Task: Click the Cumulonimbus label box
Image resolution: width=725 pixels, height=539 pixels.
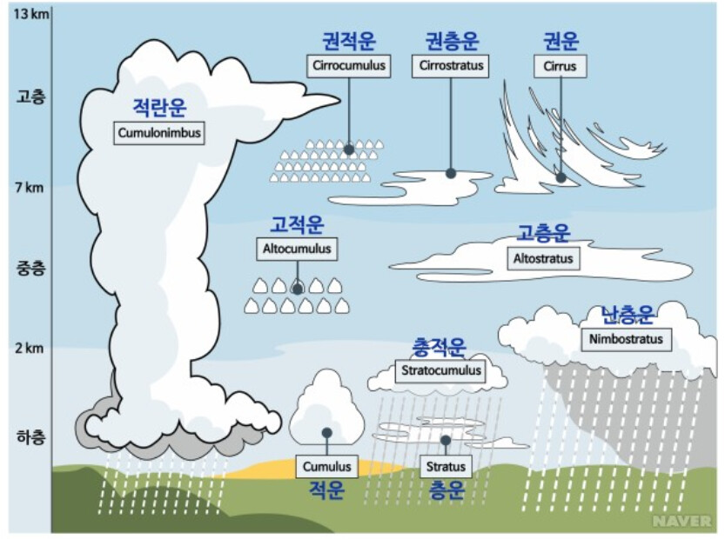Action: (159, 134)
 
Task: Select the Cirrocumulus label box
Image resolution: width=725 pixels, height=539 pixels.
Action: (348, 66)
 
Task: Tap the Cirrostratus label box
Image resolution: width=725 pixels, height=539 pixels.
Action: (450, 66)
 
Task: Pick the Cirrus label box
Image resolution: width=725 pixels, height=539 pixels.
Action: (560, 66)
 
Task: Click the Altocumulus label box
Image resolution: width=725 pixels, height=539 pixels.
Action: (297, 249)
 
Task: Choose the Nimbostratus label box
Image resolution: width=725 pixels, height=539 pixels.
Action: (626, 339)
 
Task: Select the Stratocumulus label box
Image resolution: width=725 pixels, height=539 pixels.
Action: (441, 370)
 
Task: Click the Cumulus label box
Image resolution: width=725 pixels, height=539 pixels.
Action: (326, 467)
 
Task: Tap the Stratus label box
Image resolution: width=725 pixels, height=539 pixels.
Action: (446, 467)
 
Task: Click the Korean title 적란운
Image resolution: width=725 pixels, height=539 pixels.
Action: (159, 108)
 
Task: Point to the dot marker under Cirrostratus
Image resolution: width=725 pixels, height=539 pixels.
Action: (451, 173)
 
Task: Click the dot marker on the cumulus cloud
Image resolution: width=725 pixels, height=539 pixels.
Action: (326, 432)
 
